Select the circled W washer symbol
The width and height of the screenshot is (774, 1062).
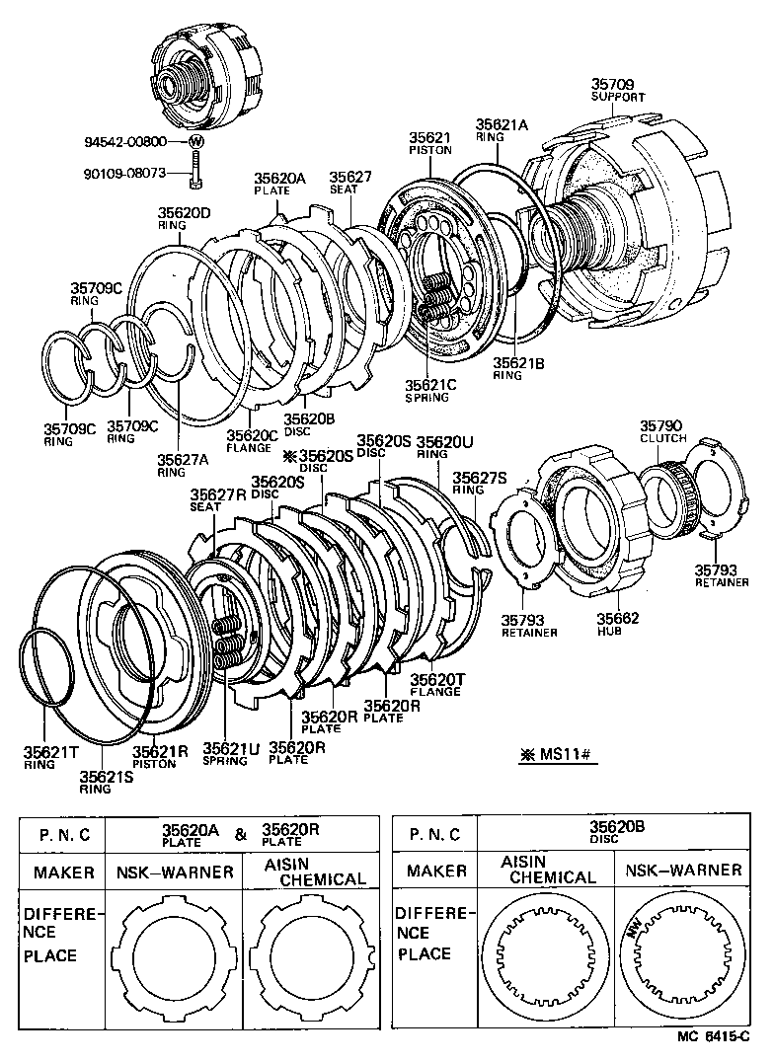pos(196,141)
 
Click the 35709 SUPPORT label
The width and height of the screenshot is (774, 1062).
pos(618,91)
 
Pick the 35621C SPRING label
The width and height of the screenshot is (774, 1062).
pos(426,390)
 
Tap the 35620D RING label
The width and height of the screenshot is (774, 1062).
pos(185,218)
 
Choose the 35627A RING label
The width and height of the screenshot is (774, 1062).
pos(184,464)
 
